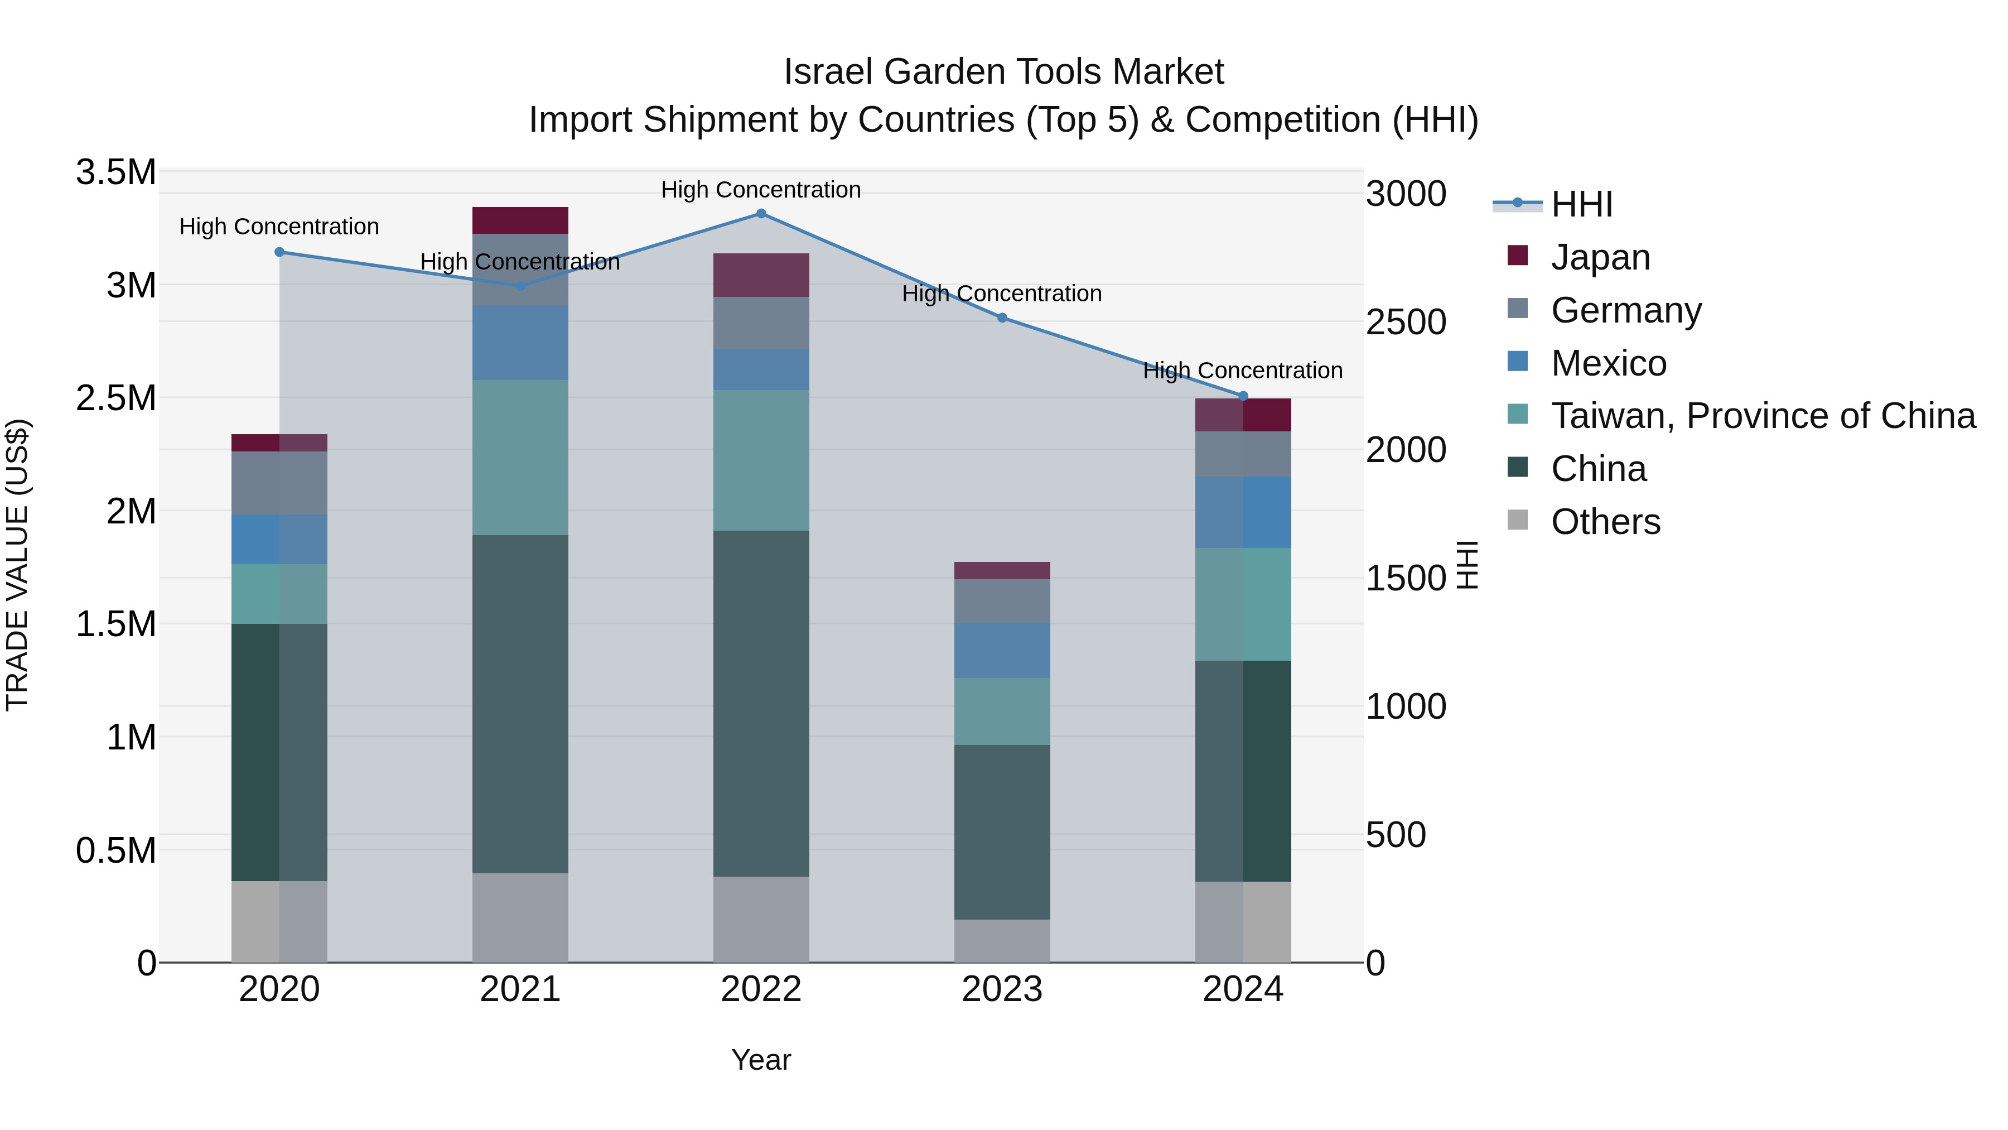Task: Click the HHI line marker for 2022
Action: click(x=761, y=214)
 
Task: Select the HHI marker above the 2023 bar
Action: click(x=1002, y=318)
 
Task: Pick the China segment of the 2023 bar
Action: click(x=1002, y=831)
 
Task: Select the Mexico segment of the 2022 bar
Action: click(x=761, y=369)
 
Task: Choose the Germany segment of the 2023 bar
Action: click(x=1002, y=600)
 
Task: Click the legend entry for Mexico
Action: click(x=1608, y=363)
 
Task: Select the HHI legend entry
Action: click(x=1581, y=204)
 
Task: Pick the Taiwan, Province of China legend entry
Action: click(x=1761, y=416)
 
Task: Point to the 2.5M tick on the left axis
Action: click(x=115, y=398)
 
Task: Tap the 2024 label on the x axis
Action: click(x=1243, y=989)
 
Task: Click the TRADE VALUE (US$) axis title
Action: click(x=17, y=565)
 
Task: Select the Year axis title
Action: click(x=761, y=1060)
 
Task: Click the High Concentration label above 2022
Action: click(x=761, y=190)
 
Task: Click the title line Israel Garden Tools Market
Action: click(x=1003, y=72)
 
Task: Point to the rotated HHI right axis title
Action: click(x=1467, y=565)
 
